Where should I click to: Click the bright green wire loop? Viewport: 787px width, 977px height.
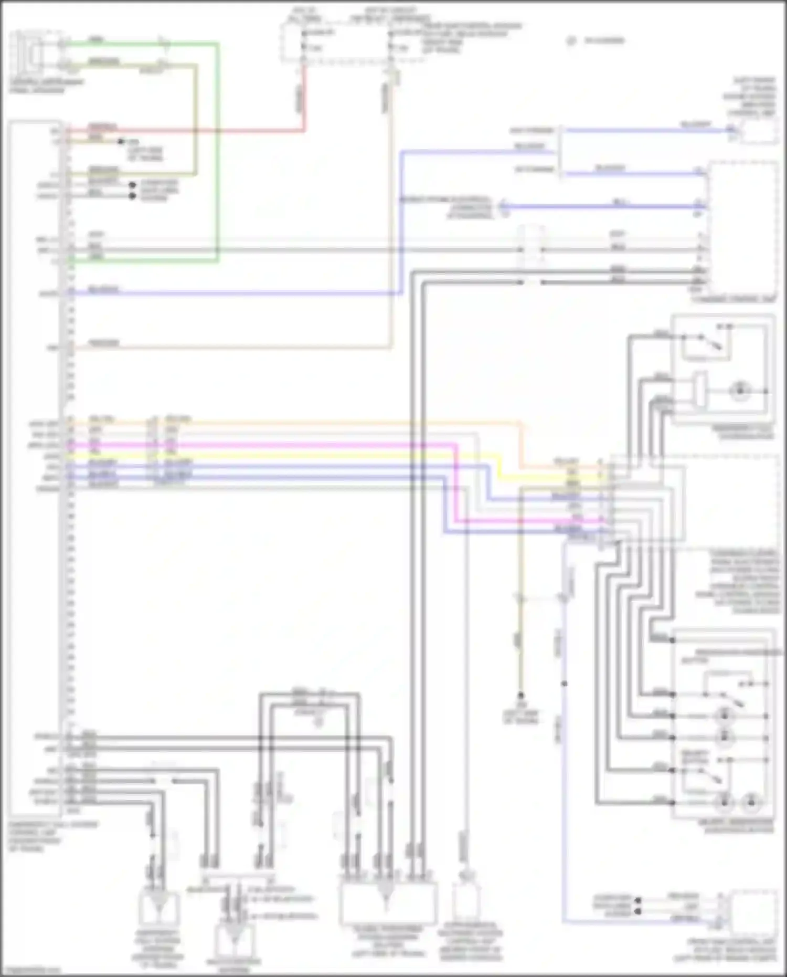[x=217, y=157]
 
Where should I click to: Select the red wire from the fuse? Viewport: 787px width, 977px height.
[x=303, y=100]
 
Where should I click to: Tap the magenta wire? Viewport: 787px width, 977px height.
[x=315, y=445]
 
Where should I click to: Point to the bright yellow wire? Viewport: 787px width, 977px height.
[x=315, y=456]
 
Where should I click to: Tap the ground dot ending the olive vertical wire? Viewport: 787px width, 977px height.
[x=521, y=695]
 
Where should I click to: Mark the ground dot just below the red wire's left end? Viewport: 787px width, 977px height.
[x=121, y=142]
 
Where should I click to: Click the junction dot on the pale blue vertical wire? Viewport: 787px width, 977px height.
[x=564, y=684]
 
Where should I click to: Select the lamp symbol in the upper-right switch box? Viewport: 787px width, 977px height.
[x=740, y=391]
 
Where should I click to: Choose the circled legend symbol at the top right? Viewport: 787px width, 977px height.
[x=572, y=40]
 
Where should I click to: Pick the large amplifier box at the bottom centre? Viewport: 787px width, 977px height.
[x=388, y=903]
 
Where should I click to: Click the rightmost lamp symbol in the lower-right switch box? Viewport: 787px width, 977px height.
[x=751, y=802]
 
